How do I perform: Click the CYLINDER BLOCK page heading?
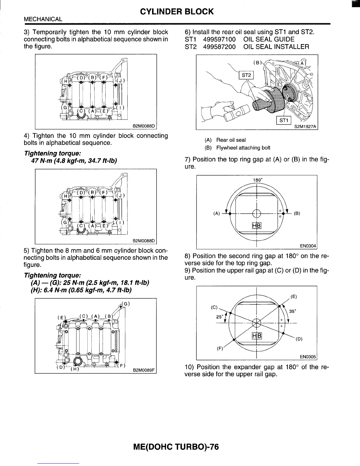pyautogui.click(x=177, y=12)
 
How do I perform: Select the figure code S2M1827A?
pyautogui.click(x=305, y=127)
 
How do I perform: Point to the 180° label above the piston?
pyautogui.click(x=257, y=180)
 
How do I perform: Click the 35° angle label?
pyautogui.click(x=293, y=311)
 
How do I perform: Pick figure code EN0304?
pyautogui.click(x=308, y=246)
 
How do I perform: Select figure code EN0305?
pyautogui.click(x=308, y=357)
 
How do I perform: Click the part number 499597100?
pyautogui.click(x=219, y=39)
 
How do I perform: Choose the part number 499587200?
pyautogui.click(x=219, y=47)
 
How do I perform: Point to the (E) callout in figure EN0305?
pyautogui.click(x=293, y=297)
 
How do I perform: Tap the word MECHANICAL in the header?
pyautogui.click(x=43, y=19)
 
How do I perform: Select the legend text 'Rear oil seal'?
pyautogui.click(x=231, y=140)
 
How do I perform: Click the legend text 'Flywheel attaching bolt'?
pyautogui.click(x=243, y=148)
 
